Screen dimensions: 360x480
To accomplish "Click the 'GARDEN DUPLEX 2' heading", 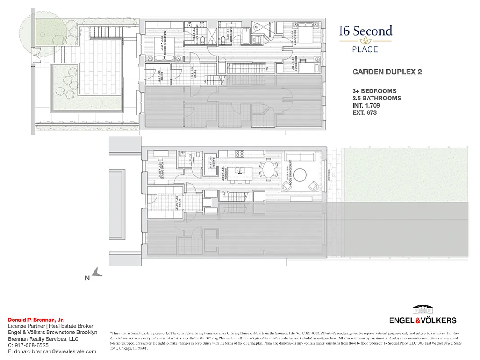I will [x=387, y=72].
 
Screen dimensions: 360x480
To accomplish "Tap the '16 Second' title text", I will [x=365, y=31].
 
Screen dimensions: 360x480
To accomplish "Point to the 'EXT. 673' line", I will [x=364, y=112].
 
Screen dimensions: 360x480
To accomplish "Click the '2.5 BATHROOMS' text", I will [x=377, y=98].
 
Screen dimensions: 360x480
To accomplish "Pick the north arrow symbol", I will [x=96, y=272].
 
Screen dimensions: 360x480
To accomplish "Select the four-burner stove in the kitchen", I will [x=240, y=154].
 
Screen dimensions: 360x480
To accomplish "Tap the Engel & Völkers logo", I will [x=422, y=315].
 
